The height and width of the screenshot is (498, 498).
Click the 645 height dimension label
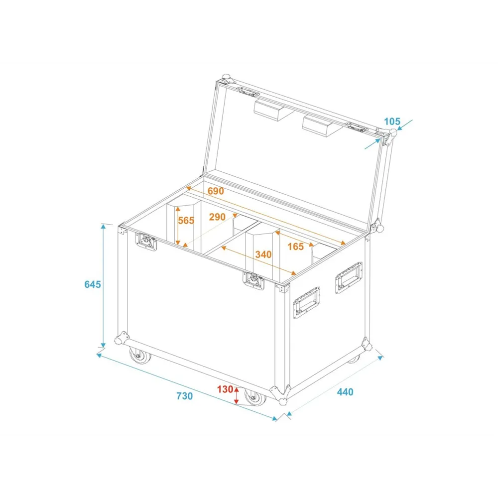point(93,284)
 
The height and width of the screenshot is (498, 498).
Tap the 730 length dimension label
point(185,396)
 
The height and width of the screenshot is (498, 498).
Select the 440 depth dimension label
point(345,392)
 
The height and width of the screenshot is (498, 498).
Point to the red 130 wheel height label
point(225,389)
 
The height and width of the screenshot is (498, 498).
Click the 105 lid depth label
point(392,122)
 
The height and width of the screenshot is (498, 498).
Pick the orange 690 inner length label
point(216,191)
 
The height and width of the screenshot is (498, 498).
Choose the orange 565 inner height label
point(186,221)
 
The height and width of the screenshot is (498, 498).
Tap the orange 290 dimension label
point(217,217)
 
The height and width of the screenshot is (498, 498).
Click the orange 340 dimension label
point(263,254)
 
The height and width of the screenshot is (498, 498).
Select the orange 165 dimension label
point(295,247)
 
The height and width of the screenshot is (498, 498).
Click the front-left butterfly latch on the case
point(146,242)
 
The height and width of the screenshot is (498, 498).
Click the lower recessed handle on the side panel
point(306,302)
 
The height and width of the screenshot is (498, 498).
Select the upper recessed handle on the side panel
point(349,277)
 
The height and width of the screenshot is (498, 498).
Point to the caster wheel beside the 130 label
point(255,397)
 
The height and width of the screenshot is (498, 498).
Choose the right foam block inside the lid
point(322,126)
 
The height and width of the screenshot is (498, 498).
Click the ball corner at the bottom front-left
point(122,338)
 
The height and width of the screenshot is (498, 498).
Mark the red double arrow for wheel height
point(236,395)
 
